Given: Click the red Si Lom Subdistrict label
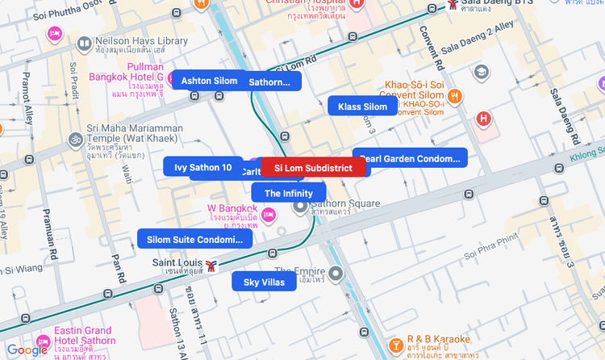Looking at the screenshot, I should [x=313, y=168].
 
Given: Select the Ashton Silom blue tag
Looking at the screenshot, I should [x=209, y=81].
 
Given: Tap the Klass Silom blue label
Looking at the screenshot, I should [x=362, y=107].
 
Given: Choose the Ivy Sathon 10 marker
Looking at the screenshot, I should [x=202, y=167].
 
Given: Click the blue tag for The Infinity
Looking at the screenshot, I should [x=288, y=193].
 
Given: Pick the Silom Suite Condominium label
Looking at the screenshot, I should [x=194, y=240].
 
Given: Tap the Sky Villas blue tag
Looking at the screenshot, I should [x=264, y=282].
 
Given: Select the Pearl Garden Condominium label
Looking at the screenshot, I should [x=411, y=158].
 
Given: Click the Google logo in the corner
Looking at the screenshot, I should [x=27, y=350].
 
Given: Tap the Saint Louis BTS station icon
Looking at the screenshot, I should [x=211, y=264].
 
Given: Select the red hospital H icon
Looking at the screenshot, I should [x=483, y=119].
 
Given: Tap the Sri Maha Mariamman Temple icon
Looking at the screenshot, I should [x=75, y=140].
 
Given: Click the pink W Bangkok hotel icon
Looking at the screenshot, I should [x=269, y=213].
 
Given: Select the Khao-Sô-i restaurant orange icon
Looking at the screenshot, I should [x=455, y=97].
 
